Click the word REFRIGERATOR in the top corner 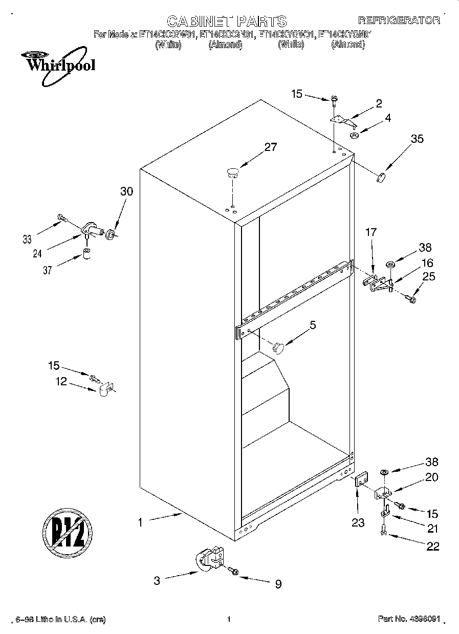click(399, 20)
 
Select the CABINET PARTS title click(227, 21)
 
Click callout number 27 click(270, 147)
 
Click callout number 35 click(417, 138)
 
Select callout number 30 click(126, 192)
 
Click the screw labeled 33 click(62, 218)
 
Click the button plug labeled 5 click(278, 347)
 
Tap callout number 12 click(61, 382)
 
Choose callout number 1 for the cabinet click(140, 522)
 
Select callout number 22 click(432, 546)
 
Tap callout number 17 click(370, 232)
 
